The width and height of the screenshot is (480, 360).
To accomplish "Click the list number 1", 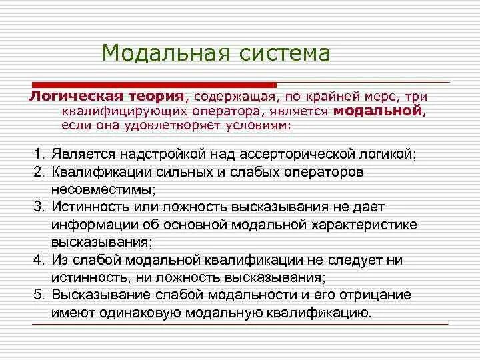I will click(39, 154).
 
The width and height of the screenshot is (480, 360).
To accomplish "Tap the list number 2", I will click(39, 172).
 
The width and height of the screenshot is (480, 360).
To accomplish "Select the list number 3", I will click(39, 207).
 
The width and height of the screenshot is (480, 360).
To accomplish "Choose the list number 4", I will click(39, 259).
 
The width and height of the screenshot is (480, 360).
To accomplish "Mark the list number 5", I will click(39, 294).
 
